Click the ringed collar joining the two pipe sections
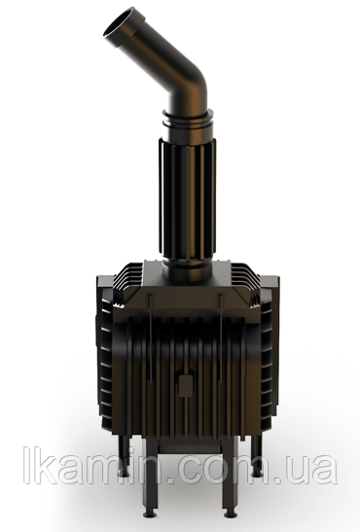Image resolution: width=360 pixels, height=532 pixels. click(188, 121)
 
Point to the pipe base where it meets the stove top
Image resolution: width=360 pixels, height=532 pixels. click(187, 270)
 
